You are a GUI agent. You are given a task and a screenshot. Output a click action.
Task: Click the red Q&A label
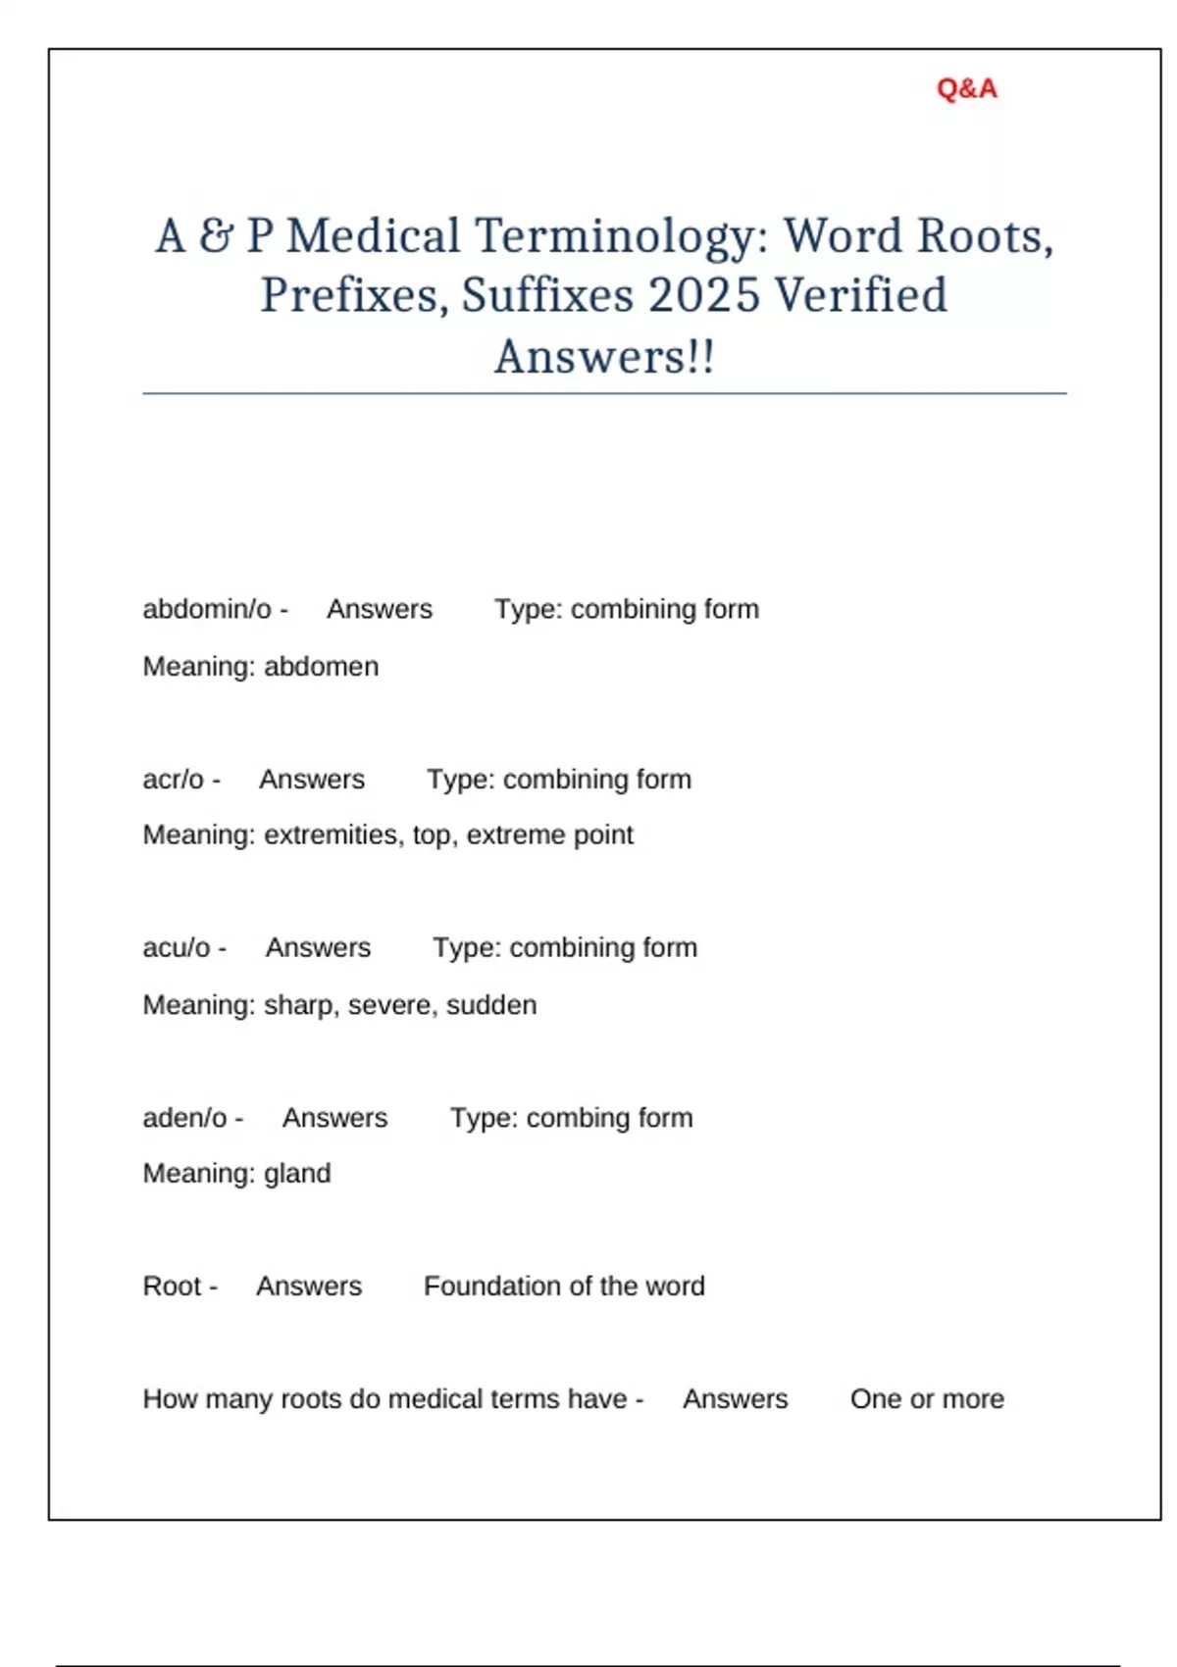(x=966, y=89)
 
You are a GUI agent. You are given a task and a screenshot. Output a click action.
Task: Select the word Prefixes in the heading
(x=348, y=295)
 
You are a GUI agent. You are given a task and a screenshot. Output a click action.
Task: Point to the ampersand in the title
(x=216, y=236)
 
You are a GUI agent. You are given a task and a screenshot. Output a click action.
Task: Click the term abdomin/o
(x=207, y=609)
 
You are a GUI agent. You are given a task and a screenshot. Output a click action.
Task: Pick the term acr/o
(x=174, y=780)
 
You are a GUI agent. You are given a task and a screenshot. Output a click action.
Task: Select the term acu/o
(x=177, y=948)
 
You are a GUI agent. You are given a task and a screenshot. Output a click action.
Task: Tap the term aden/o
(x=185, y=1118)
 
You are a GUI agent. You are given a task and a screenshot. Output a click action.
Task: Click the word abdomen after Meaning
(x=321, y=667)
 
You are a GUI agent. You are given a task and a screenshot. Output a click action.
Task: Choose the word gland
(x=297, y=1174)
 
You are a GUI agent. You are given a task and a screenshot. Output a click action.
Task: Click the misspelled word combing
(x=564, y=1118)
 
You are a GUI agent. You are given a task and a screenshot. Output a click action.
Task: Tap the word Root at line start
(x=172, y=1287)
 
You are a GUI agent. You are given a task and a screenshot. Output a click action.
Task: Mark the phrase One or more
(x=927, y=1399)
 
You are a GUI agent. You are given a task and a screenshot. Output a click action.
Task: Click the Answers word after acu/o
(x=318, y=948)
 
